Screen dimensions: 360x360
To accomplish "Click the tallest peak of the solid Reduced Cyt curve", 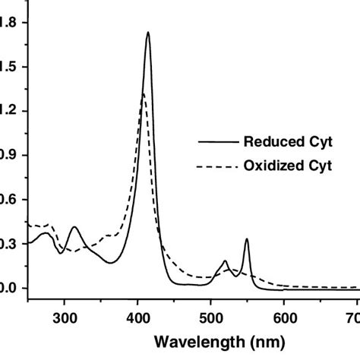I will tap(147, 33).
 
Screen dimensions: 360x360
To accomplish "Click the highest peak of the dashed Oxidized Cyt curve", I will tap(143, 94).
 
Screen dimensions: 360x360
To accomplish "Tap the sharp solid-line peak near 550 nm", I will tap(246, 239).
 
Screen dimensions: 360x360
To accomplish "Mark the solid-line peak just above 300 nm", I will tap(74, 227).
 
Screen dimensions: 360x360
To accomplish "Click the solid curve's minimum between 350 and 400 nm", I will tap(112, 263).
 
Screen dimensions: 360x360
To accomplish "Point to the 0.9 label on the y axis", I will tap(9, 155).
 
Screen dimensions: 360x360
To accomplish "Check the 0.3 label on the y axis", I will tap(9, 244).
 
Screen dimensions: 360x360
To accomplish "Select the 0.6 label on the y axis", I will tap(9, 200).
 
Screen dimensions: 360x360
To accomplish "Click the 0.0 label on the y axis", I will tap(9, 289).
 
